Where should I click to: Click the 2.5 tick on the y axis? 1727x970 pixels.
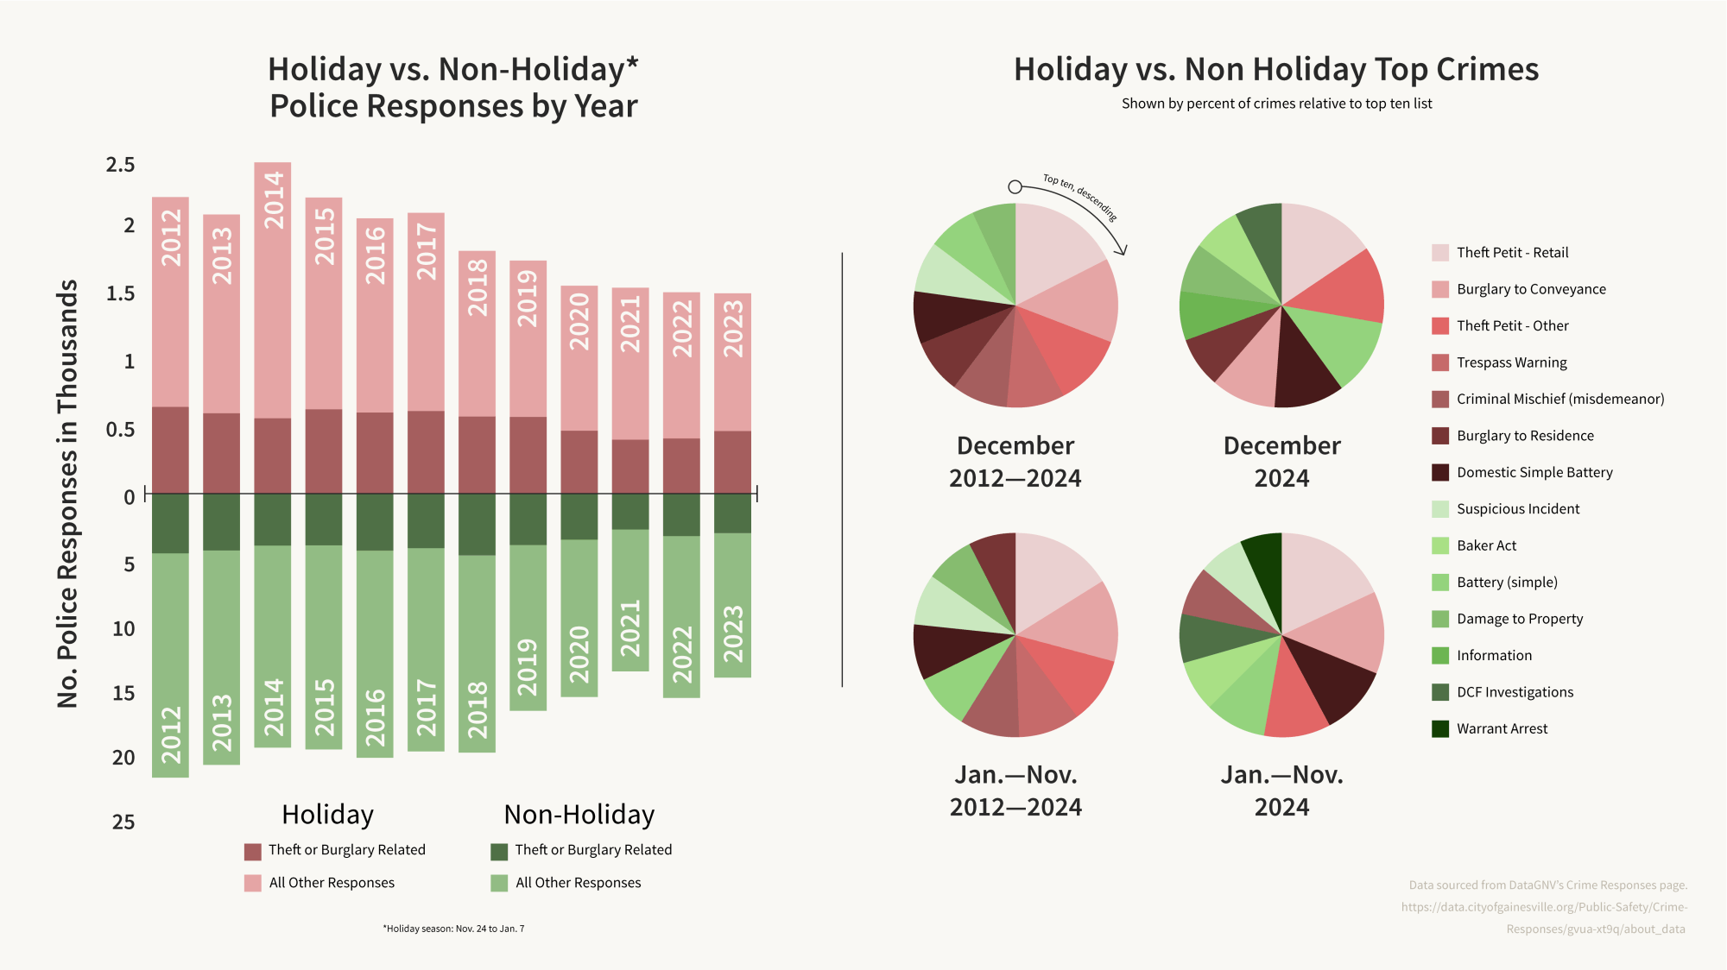[x=120, y=165]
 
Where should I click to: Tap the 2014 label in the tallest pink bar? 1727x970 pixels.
[x=274, y=200]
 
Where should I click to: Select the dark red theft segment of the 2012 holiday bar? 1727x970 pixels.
[x=170, y=450]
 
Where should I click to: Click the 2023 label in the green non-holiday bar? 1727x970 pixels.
[x=733, y=634]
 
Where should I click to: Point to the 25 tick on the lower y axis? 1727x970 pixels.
[x=123, y=822]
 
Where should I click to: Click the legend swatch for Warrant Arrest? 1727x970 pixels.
[x=1440, y=729]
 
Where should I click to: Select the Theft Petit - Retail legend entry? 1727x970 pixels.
[x=1511, y=253]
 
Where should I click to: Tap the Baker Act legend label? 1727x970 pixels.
[x=1486, y=545]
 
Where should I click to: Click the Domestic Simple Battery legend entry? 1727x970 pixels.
[x=1534, y=472]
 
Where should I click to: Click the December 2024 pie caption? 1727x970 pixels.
[x=1281, y=462]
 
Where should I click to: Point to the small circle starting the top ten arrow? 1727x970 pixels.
[x=1015, y=187]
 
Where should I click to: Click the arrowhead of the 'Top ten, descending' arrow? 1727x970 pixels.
[x=1122, y=250]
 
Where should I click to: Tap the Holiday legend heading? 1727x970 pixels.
[x=327, y=815]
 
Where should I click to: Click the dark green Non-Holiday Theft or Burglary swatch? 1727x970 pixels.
[x=499, y=852]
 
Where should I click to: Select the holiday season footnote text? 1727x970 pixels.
[x=453, y=929]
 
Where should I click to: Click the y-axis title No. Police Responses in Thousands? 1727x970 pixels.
[x=67, y=494]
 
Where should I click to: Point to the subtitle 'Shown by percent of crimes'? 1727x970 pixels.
[x=1276, y=104]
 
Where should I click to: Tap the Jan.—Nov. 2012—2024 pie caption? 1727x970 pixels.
[x=1015, y=790]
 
